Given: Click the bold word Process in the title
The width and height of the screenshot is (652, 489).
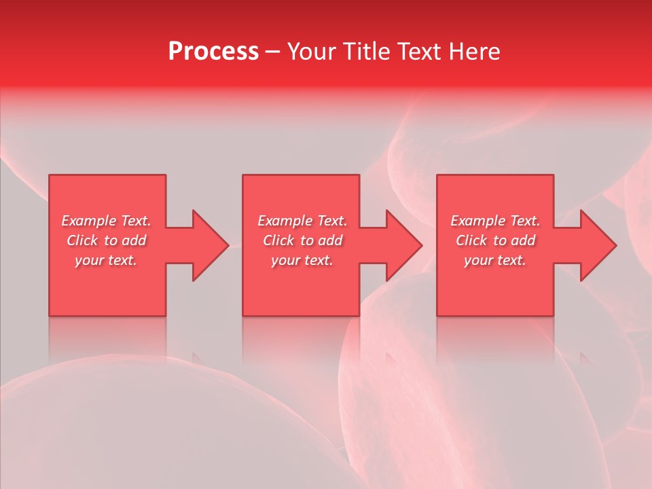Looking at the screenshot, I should pyautogui.click(x=213, y=52).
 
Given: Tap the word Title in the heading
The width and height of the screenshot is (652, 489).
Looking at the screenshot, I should pyautogui.click(x=367, y=52).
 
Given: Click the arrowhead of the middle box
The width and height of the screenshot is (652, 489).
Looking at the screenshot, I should pyautogui.click(x=403, y=245).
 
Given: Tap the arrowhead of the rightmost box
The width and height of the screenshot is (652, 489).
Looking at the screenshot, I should pyautogui.click(x=598, y=245).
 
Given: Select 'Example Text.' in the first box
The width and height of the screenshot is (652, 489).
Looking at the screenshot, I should pyautogui.click(x=106, y=221).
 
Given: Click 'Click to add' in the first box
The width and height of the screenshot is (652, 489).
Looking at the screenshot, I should pyautogui.click(x=106, y=240).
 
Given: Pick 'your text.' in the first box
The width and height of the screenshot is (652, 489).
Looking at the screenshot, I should pyautogui.click(x=106, y=260).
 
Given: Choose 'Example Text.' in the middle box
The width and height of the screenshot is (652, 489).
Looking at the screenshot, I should pyautogui.click(x=302, y=221).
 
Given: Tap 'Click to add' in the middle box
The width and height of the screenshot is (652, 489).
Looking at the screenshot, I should pyautogui.click(x=302, y=240).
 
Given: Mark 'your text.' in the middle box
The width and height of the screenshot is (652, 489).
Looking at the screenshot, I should pyautogui.click(x=302, y=260).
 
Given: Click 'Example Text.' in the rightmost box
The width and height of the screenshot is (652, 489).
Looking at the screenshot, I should pyautogui.click(x=495, y=221).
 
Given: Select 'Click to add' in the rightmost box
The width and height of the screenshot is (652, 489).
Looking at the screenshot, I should pyautogui.click(x=495, y=240).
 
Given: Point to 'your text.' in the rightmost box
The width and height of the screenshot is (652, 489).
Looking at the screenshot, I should pyautogui.click(x=495, y=260).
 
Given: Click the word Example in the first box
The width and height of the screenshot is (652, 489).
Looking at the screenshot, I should pyautogui.click(x=89, y=221).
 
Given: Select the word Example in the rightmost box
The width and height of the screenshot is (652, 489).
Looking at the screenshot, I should pyautogui.click(x=478, y=221).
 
